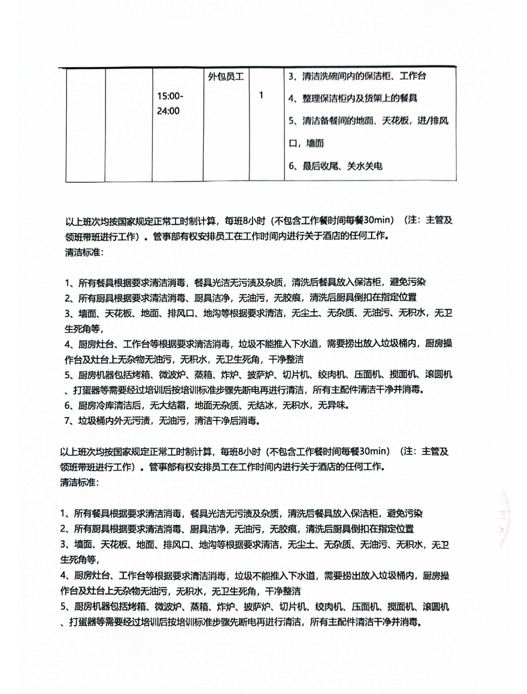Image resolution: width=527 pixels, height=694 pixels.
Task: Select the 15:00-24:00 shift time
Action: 169,103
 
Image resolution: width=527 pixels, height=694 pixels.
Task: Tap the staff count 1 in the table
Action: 261,96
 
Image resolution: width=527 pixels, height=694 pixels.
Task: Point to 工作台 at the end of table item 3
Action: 412,76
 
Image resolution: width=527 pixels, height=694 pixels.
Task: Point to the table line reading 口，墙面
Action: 306,144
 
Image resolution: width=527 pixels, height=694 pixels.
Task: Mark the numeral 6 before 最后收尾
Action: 291,166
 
